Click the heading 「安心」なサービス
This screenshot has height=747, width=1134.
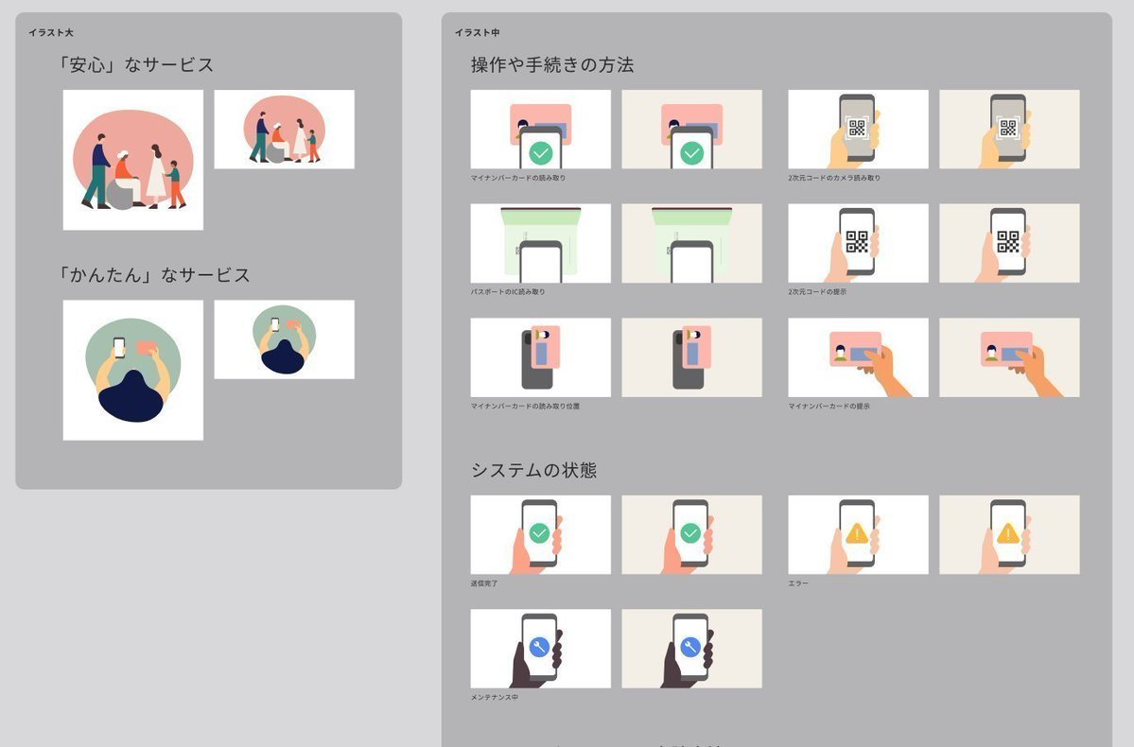[135, 65]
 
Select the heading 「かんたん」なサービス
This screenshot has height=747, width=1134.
[153, 275]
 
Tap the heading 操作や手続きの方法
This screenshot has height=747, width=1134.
[552, 65]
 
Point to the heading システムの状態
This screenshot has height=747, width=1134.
[533, 470]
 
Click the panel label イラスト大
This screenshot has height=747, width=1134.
[51, 32]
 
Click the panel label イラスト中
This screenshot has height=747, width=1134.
[477, 32]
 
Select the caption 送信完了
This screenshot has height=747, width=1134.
[484, 583]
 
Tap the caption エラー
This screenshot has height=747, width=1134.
[798, 583]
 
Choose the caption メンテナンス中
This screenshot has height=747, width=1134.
[495, 697]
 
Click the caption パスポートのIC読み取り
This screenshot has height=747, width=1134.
[508, 291]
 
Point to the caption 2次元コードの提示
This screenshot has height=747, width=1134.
[817, 291]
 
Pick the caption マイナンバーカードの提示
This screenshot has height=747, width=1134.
[829, 406]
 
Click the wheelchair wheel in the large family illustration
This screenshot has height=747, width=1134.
[120, 193]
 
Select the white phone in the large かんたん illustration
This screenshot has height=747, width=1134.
[118, 347]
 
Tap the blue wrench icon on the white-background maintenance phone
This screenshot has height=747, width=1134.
[539, 648]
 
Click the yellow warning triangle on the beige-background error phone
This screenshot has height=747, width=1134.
[1008, 534]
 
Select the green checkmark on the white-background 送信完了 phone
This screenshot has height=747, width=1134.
[539, 534]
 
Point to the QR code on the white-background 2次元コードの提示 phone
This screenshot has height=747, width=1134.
[857, 241]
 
